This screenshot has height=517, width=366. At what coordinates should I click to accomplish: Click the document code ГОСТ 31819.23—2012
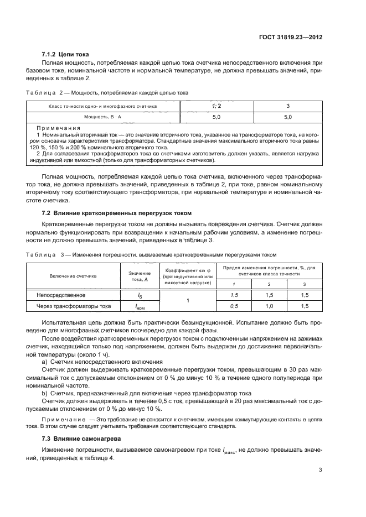click(x=291, y=38)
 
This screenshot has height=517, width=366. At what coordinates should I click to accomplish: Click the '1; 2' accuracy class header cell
click(x=216, y=105)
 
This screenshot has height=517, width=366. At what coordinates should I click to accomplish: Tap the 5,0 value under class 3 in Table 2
click(x=288, y=117)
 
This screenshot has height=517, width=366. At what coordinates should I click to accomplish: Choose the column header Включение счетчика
click(x=73, y=275)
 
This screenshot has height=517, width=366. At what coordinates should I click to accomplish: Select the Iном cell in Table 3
click(x=140, y=306)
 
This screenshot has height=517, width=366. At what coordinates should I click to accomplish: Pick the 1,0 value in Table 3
click(x=269, y=306)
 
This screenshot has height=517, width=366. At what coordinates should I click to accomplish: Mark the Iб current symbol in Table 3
click(x=140, y=295)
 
